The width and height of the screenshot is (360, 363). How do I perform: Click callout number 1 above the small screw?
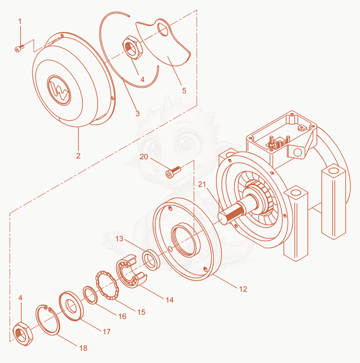pyautogui.click(x=20, y=22)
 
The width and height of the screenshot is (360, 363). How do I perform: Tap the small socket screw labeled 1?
pyautogui.click(x=19, y=49)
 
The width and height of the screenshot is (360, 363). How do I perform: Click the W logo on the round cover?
pyautogui.click(x=59, y=90)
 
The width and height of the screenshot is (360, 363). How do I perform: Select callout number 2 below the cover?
pyautogui.click(x=78, y=156)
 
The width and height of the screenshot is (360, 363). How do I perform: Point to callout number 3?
pyautogui.click(x=138, y=113)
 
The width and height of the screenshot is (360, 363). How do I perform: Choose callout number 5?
pyautogui.click(x=184, y=90)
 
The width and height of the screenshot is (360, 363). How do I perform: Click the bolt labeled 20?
pyautogui.click(x=173, y=172)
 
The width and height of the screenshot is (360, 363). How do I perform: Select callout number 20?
pyautogui.click(x=144, y=157)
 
